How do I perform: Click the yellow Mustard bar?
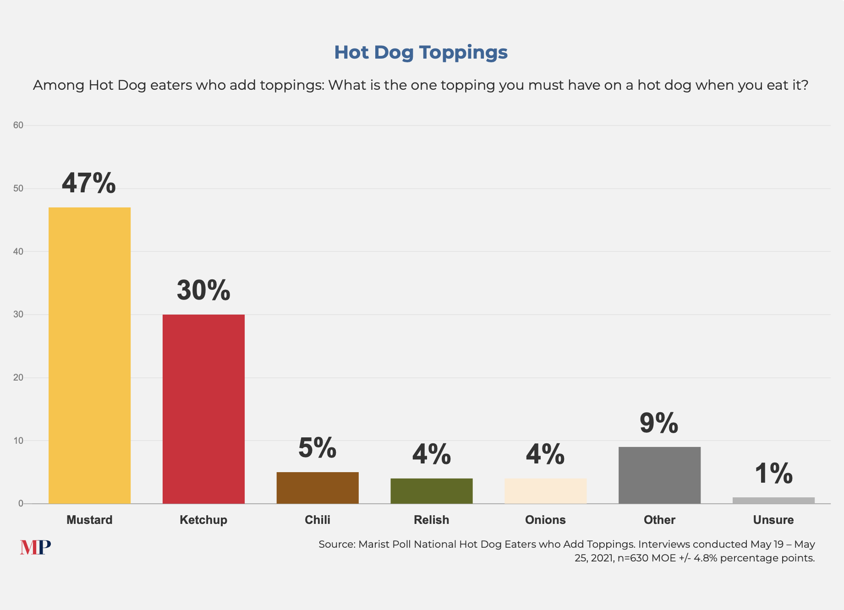pyautogui.click(x=89, y=355)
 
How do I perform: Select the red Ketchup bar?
pyautogui.click(x=203, y=409)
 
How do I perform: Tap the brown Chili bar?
pyautogui.click(x=318, y=488)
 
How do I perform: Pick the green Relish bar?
pyautogui.click(x=431, y=491)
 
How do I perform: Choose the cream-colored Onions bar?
pyautogui.click(x=545, y=491)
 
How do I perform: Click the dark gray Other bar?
pyautogui.click(x=659, y=475)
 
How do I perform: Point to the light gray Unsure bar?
pyautogui.click(x=773, y=501)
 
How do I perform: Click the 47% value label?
pyautogui.click(x=89, y=183)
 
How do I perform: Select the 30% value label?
pyautogui.click(x=203, y=290)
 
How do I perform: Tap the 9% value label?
pyautogui.click(x=659, y=423)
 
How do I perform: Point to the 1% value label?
pyautogui.click(x=773, y=474)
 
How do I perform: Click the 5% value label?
pyautogui.click(x=318, y=448)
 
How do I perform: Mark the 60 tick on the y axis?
pyautogui.click(x=18, y=125)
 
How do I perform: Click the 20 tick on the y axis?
pyautogui.click(x=18, y=378)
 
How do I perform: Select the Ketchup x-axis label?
pyautogui.click(x=203, y=520)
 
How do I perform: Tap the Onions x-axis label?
pyautogui.click(x=545, y=520)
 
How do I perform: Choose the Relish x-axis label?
pyautogui.click(x=431, y=520)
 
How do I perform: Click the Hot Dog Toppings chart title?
pyautogui.click(x=421, y=52)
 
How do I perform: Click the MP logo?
pyautogui.click(x=35, y=547)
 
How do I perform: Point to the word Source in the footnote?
pyautogui.click(x=337, y=544)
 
